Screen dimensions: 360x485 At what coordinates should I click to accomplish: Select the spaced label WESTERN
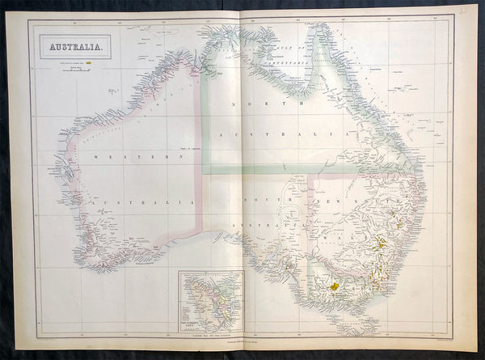click(x=133, y=157)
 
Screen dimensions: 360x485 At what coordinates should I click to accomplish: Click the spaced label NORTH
click(x=251, y=104)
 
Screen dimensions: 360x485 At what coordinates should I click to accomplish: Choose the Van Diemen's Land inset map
click(x=210, y=300)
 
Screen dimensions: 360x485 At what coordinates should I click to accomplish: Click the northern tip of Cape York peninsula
click(x=318, y=26)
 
